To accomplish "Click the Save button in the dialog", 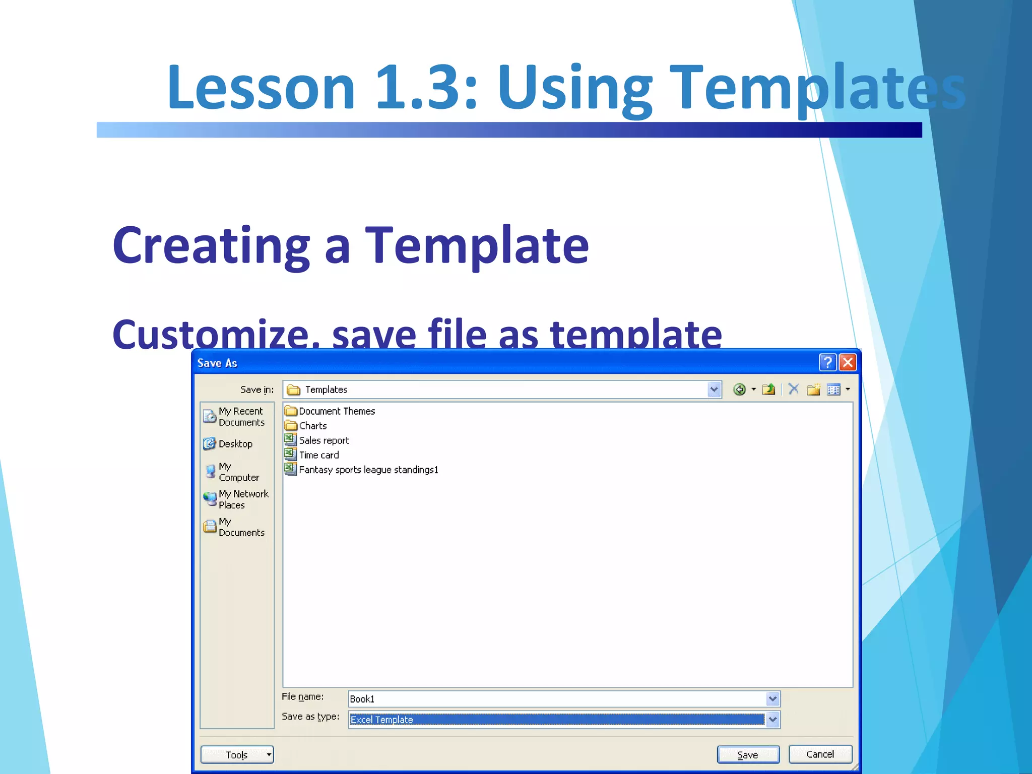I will click(x=748, y=754).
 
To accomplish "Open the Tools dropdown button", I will click(x=237, y=754).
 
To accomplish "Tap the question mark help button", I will click(x=827, y=362).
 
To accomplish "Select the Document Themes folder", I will click(x=336, y=411).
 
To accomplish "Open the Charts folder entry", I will click(x=312, y=426).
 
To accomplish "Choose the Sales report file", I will click(x=324, y=440).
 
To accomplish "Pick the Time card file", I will click(x=318, y=455).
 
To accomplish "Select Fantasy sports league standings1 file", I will click(x=368, y=470).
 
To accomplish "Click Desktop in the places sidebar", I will click(x=235, y=444).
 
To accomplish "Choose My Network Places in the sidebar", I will click(x=242, y=499).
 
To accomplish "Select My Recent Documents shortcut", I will click(x=240, y=417).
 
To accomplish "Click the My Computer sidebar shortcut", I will click(x=237, y=472).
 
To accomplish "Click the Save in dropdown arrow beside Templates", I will click(x=714, y=390).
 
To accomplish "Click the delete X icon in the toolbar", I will click(x=794, y=389).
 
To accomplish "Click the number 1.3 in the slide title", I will click(x=426, y=87).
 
